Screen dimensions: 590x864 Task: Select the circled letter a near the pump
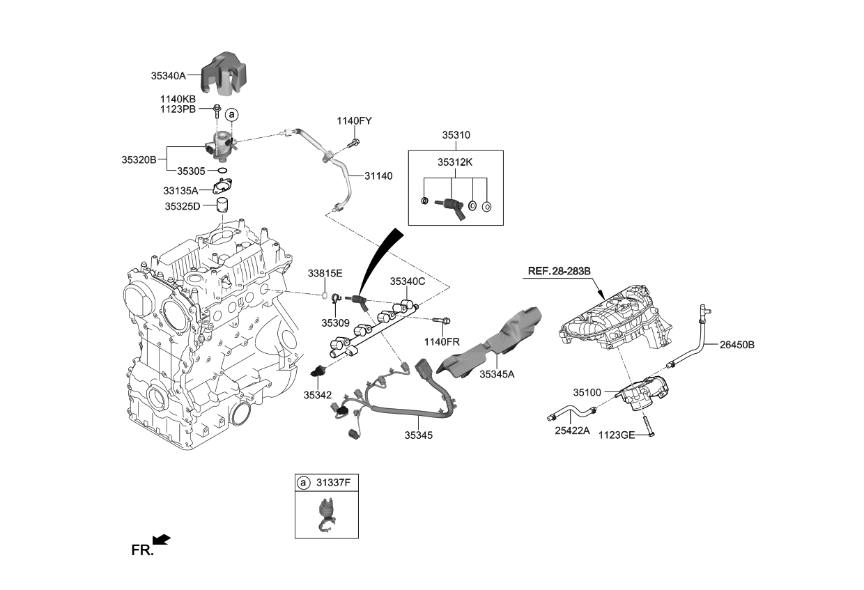(231, 114)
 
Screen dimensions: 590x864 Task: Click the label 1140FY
(355, 121)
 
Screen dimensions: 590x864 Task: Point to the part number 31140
(378, 176)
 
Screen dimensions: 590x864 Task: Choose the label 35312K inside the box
(454, 162)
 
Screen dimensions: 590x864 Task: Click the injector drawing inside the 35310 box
(449, 205)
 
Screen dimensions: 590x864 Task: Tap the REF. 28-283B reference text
(559, 270)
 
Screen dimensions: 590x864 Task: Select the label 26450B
(737, 344)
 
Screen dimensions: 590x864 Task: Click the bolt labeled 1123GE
(647, 425)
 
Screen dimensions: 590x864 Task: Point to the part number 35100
(587, 392)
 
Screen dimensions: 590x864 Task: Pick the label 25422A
(572, 431)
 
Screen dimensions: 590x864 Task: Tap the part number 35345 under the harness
(418, 435)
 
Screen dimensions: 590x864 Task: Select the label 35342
(317, 395)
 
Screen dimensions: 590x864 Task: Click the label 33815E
(325, 273)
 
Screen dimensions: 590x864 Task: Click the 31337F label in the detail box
(334, 482)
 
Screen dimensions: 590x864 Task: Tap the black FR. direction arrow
(161, 538)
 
